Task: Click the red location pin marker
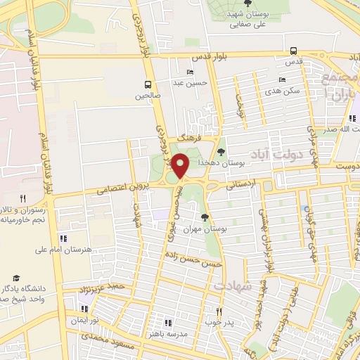coord(181,165)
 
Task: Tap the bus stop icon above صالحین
coord(148,83)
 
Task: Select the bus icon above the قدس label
coord(293,51)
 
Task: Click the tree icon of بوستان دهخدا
coord(221,151)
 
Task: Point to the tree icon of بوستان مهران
coord(205,217)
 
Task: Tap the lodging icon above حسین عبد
coord(190,72)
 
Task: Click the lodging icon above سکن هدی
coord(282,80)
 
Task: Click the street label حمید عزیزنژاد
coord(103,288)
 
